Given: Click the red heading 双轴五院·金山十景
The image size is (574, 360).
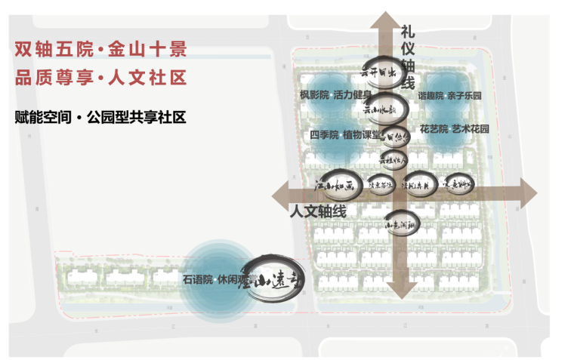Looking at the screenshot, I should pyautogui.click(x=100, y=51).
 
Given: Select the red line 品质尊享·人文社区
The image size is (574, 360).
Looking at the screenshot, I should pyautogui.click(x=100, y=78).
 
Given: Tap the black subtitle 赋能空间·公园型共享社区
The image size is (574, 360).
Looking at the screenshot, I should pyautogui.click(x=100, y=118).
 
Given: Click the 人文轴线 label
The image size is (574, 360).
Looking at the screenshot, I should pyautogui.click(x=318, y=212).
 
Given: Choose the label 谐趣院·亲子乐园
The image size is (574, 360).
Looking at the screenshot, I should pyautogui.click(x=449, y=97).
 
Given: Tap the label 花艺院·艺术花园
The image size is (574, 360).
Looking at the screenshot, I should pyautogui.click(x=455, y=129).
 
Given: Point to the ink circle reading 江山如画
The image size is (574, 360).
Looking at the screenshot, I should pyautogui.click(x=334, y=183).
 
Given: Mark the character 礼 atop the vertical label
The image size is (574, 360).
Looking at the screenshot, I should pyautogui.click(x=408, y=32).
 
